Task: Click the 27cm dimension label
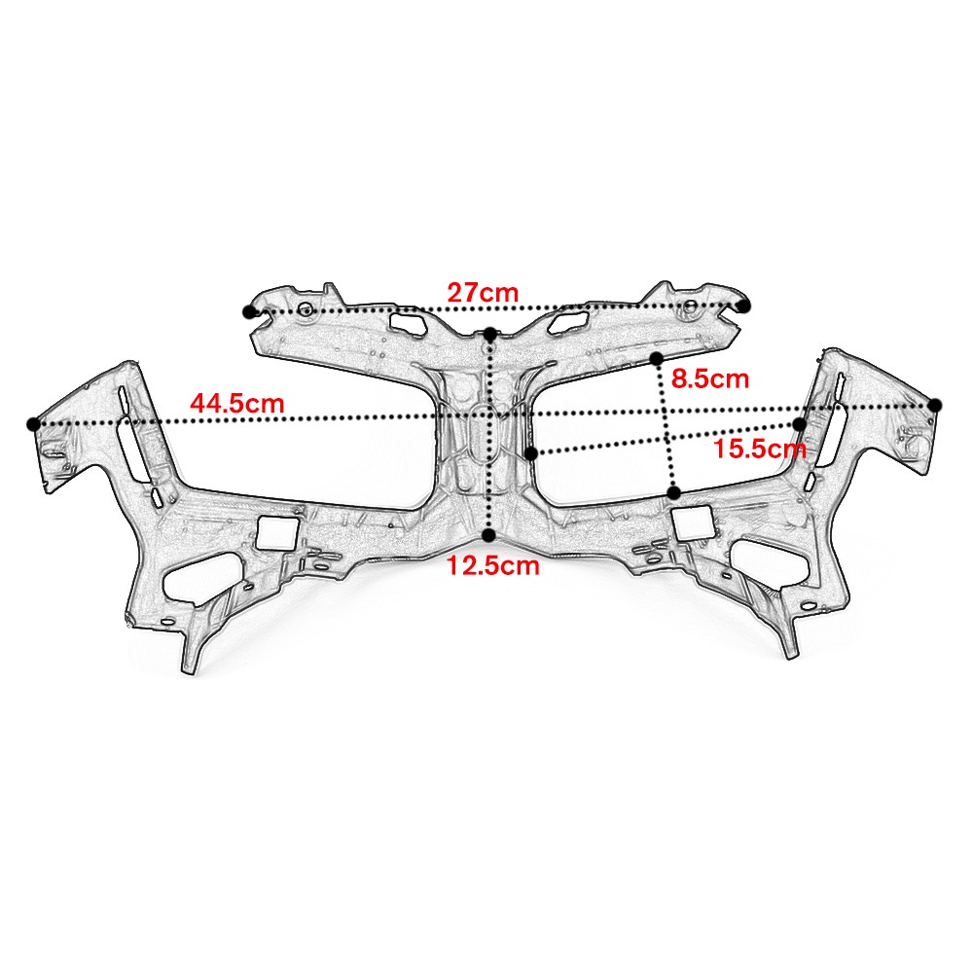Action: pos(483,292)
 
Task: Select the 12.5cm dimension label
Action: pos(492,566)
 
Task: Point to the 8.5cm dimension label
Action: pos(710,378)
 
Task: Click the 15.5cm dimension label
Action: pos(760,449)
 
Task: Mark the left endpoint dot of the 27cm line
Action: pos(249,311)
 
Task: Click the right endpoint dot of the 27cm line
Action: pos(743,306)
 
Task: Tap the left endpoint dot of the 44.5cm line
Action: pos(33,423)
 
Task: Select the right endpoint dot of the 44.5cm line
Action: pos(935,405)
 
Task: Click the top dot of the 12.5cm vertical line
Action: pos(489,334)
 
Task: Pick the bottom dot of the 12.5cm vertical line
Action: pos(488,535)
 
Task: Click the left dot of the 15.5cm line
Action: pos(530,453)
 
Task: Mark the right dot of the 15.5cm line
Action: pos(799,424)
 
